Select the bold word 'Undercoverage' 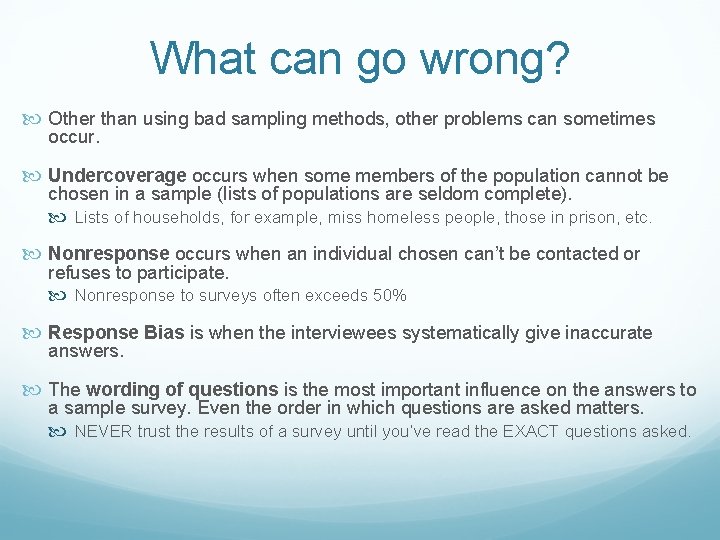point(117,176)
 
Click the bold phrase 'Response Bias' point(116,333)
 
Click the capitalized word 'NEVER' point(106,432)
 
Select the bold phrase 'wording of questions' point(182,390)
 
